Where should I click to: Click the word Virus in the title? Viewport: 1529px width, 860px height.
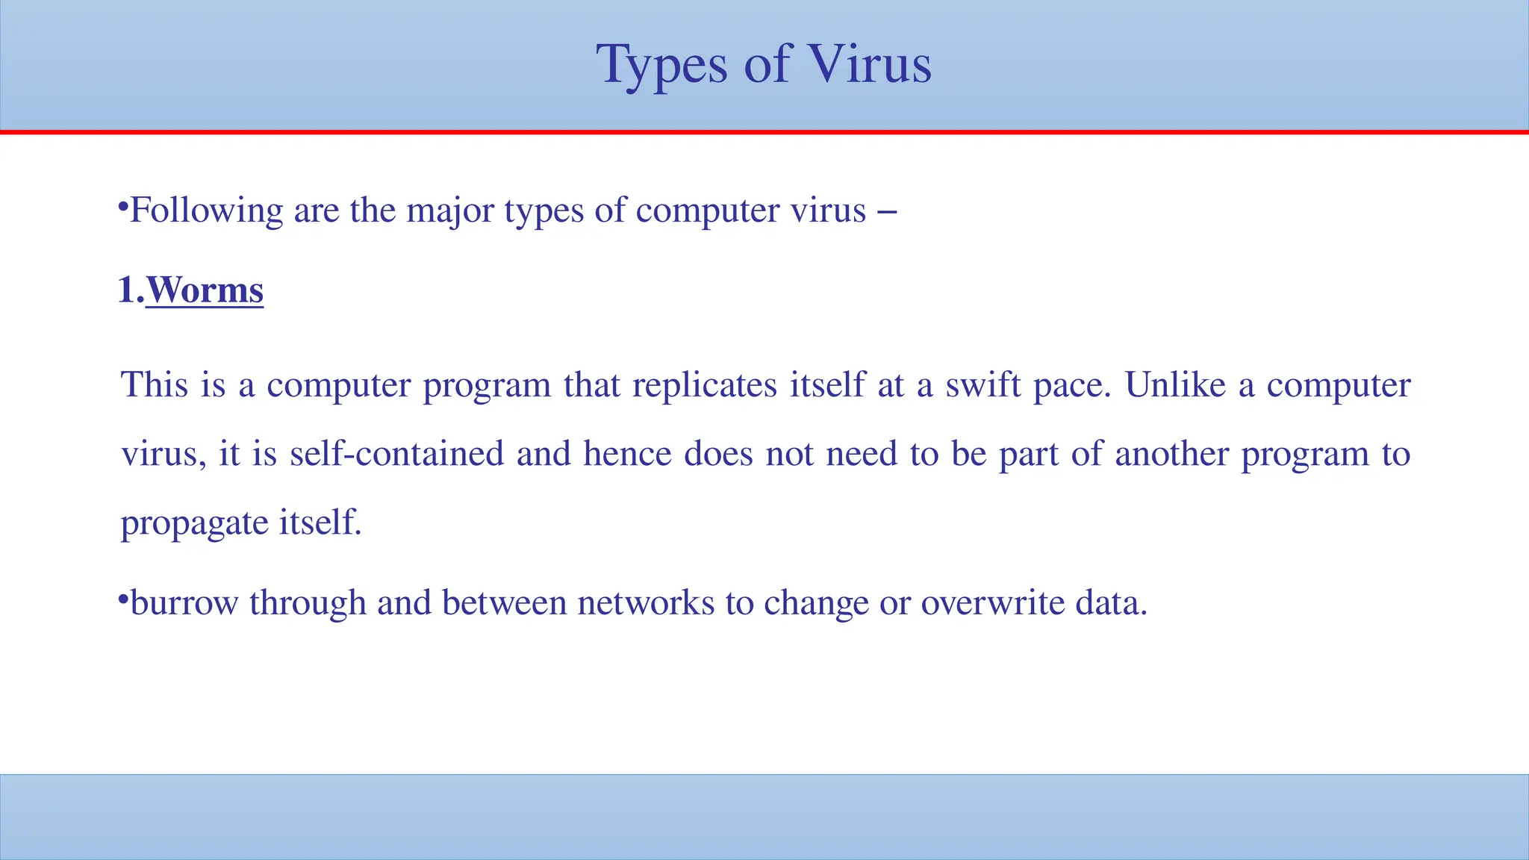point(870,64)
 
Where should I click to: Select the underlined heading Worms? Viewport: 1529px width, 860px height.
point(205,290)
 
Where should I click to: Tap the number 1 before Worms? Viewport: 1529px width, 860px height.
point(126,290)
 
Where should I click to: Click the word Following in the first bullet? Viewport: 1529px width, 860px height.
point(206,211)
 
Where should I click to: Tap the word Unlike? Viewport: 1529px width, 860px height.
point(1175,385)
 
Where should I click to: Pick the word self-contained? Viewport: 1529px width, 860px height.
point(396,454)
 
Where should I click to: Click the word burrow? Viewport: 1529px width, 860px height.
point(184,603)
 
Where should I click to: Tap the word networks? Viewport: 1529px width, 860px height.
point(646,603)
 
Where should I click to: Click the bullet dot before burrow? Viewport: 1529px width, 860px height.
point(123,599)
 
